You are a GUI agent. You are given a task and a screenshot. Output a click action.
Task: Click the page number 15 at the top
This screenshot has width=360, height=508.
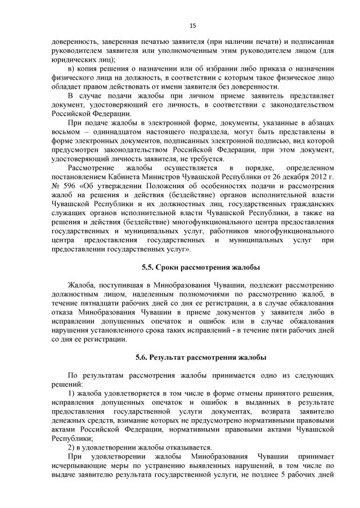192,25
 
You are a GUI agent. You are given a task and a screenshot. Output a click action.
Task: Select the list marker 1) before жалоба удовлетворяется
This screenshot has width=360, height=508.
71,392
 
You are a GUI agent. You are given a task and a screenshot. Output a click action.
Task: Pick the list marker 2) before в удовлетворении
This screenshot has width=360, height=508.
71,446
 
